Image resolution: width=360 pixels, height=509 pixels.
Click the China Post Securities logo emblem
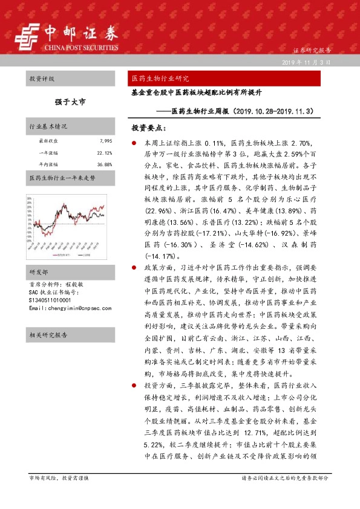pyautogui.click(x=27, y=37)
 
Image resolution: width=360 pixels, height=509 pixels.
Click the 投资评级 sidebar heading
pyautogui.click(x=42, y=79)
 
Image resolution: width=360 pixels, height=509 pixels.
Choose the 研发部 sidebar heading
pyautogui.click(x=38, y=254)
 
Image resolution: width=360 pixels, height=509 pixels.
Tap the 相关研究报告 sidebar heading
pyautogui.click(x=48, y=334)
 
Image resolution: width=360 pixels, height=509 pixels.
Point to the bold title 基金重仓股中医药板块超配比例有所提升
pyautogui.click(x=196, y=94)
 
